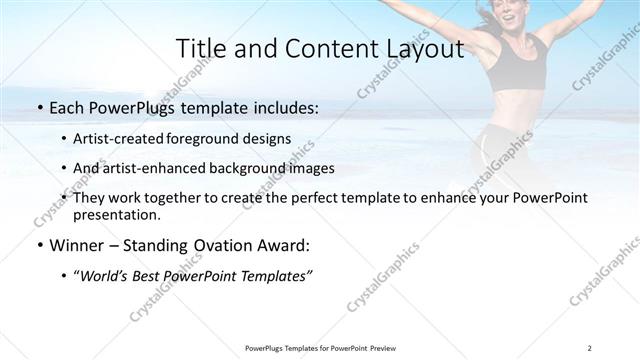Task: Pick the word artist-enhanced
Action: tap(153, 168)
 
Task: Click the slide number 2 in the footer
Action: tap(590, 348)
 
